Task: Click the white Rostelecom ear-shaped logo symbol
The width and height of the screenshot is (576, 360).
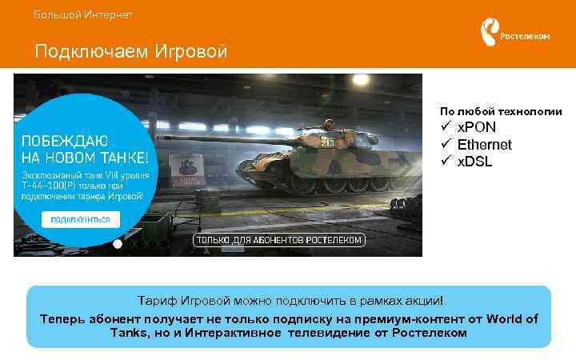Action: click(x=487, y=34)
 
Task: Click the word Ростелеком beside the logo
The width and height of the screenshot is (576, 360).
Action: click(x=525, y=36)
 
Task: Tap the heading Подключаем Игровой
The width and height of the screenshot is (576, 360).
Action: click(x=131, y=52)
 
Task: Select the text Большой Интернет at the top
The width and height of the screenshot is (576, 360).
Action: click(x=83, y=14)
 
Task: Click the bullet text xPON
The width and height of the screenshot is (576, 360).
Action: click(x=476, y=128)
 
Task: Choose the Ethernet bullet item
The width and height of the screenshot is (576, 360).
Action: click(x=484, y=145)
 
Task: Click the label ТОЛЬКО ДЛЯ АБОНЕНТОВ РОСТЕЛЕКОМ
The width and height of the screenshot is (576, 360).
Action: click(x=279, y=240)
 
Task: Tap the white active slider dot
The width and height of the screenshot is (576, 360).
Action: click(x=118, y=243)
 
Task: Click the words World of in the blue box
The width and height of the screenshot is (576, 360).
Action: click(x=512, y=319)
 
